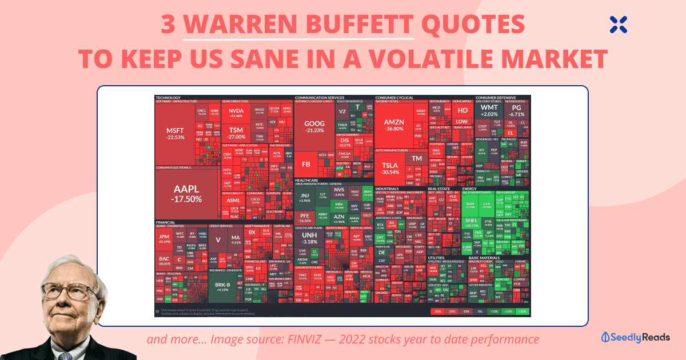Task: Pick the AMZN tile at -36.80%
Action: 394,125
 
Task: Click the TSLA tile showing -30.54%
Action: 390,169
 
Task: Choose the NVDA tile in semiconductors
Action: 236,113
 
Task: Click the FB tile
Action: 306,165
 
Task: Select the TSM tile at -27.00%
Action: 236,133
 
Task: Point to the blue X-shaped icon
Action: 618,23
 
